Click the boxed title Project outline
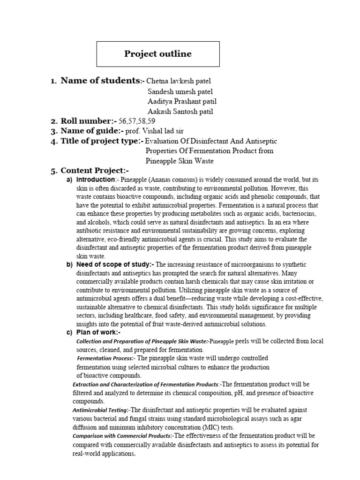click(x=157, y=54)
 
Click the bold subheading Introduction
click(x=95, y=180)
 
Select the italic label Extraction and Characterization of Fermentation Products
click(x=145, y=384)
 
